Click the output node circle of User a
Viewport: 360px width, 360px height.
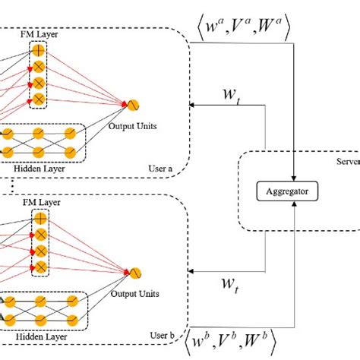(131, 104)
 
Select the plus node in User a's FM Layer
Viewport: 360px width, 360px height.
(39, 49)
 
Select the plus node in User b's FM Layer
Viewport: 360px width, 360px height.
(39, 219)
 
